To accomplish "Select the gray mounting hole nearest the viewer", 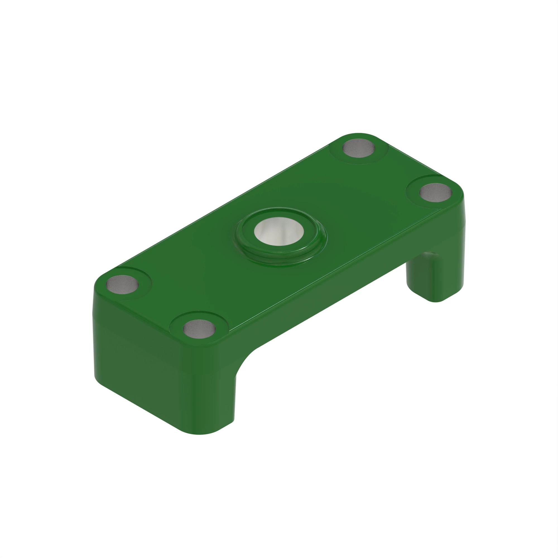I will point(199,329).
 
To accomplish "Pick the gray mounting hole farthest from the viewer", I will point(359,148).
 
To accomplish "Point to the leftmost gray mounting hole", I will point(122,284).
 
